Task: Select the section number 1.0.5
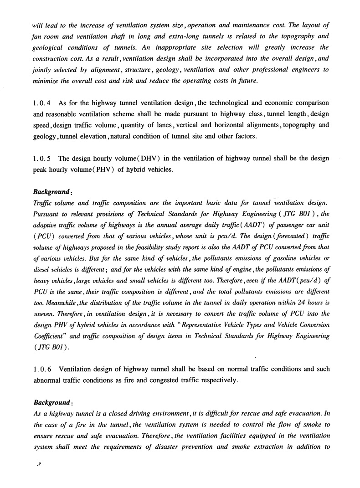pos(42,159)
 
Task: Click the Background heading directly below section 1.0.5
pos(51,192)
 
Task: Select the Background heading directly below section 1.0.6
pos(51,402)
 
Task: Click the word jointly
pos(43,70)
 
